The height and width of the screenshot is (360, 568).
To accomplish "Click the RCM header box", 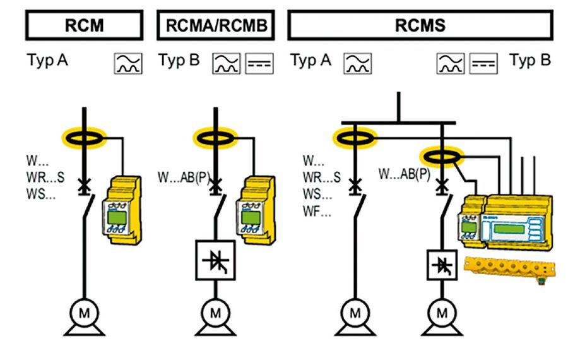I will [84, 25].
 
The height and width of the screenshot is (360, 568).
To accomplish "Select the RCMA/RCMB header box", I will [215, 25].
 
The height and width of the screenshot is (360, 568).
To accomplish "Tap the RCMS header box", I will [420, 25].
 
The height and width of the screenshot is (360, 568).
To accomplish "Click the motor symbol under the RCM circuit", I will [84, 312].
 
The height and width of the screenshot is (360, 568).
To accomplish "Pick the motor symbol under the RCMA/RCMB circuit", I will [215, 312].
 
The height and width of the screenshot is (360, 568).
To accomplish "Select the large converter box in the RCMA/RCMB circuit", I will [215, 260].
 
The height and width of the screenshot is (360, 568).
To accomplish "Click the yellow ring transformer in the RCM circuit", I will [84, 136].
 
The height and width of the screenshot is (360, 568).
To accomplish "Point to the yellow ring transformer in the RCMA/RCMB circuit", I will [215, 136].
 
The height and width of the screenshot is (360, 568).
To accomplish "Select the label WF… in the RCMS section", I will [316, 212].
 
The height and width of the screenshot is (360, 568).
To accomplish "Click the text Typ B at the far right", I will [530, 61].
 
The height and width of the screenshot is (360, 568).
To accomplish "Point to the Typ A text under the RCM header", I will [47, 61].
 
